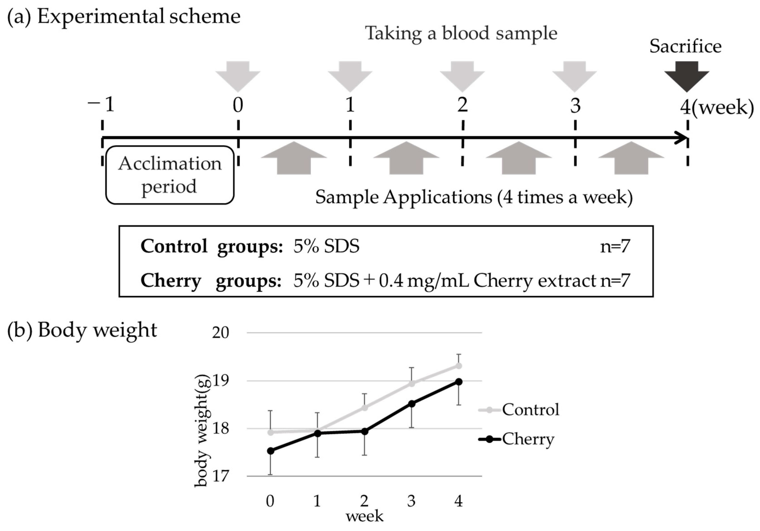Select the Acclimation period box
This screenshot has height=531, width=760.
pos(170,175)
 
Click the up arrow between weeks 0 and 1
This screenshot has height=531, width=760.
pos(294,158)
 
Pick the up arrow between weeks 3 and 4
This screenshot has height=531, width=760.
pos(631,158)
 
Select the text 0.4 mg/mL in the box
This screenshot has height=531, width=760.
pos(424,281)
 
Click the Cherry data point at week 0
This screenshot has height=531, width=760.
pos(270,451)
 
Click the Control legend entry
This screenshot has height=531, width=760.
pos(519,410)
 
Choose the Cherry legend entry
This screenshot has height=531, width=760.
pos(516,439)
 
